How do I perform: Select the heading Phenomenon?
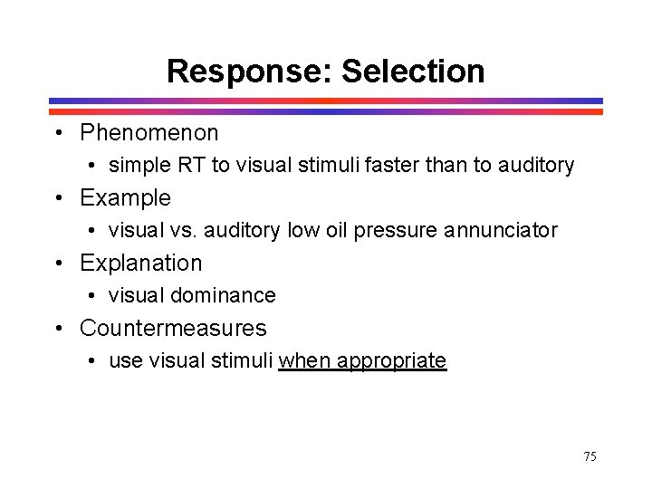[x=149, y=133]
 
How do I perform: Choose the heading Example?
[x=125, y=197]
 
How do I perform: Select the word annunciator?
[x=501, y=230]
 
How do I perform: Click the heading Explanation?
[x=141, y=263]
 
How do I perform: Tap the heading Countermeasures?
[x=173, y=328]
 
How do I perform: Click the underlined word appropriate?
[x=391, y=360]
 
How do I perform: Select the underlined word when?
[x=305, y=360]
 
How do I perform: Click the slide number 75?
[x=590, y=456]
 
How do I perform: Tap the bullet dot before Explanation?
[x=59, y=264]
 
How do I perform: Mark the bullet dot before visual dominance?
[x=94, y=296]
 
